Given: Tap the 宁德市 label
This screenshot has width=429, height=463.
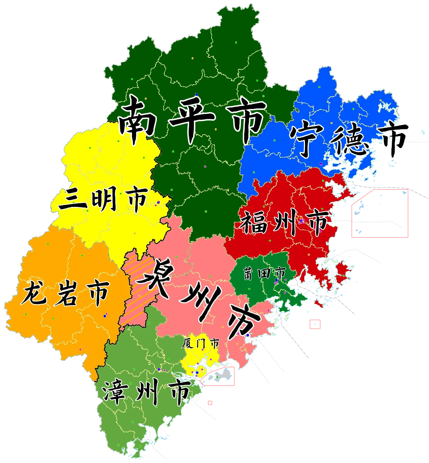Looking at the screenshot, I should (349, 139).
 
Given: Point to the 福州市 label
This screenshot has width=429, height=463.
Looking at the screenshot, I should (284, 221).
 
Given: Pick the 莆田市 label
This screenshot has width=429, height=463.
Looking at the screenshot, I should (265, 273).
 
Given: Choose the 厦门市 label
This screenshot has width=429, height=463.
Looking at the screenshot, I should (200, 344).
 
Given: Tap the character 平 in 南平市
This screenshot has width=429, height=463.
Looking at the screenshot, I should (193, 118).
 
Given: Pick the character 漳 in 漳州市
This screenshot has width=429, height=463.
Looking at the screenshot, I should (114, 391).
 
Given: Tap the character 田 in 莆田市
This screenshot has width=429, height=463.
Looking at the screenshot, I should (265, 273).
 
